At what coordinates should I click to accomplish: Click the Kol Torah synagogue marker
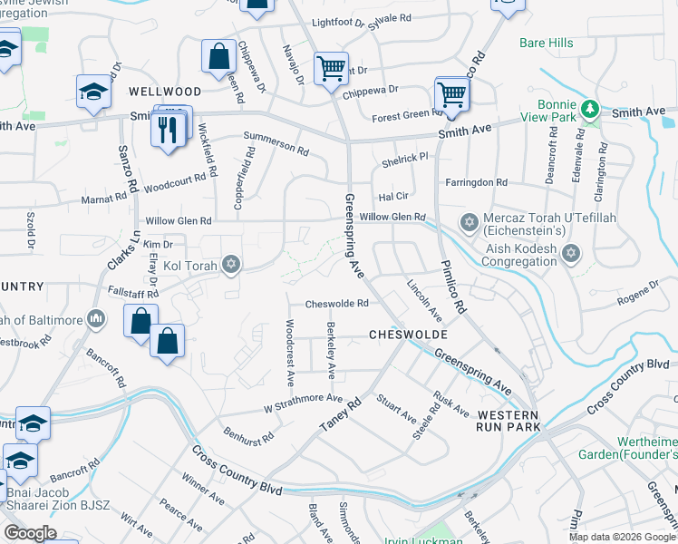[x=231, y=264]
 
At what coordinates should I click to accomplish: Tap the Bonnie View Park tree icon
[x=591, y=110]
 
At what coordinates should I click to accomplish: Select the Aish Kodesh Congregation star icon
[x=570, y=253]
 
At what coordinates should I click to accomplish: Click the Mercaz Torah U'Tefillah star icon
[x=469, y=222]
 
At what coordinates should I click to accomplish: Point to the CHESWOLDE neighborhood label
[x=409, y=335]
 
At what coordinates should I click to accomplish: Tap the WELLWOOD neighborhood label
[x=164, y=92]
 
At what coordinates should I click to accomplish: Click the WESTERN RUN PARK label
[x=508, y=420]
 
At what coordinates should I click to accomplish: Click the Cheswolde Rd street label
[x=336, y=304]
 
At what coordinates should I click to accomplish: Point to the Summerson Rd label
[x=276, y=137]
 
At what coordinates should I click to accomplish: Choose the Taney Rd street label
[x=339, y=415]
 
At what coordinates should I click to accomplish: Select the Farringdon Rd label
[x=476, y=182]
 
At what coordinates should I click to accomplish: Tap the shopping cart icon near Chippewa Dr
[x=331, y=68]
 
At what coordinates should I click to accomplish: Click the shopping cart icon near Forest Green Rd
[x=450, y=93]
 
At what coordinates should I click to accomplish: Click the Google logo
[x=32, y=533]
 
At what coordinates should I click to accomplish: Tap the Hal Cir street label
[x=394, y=197]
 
